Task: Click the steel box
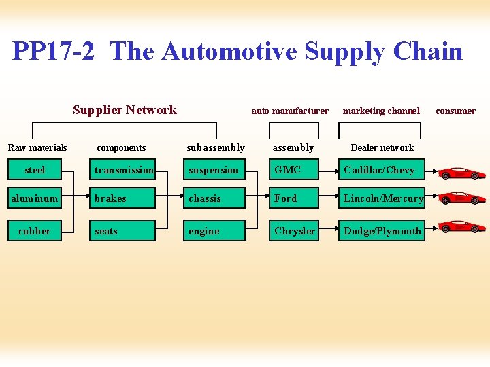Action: click(x=35, y=170)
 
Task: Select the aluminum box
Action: click(x=35, y=198)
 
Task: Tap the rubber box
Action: click(x=35, y=231)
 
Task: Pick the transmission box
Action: click(x=124, y=170)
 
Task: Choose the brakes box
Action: click(x=124, y=198)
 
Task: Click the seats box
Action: click(x=124, y=231)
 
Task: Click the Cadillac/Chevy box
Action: click(x=382, y=170)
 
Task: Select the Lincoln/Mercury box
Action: click(x=382, y=198)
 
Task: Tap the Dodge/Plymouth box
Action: click(x=382, y=231)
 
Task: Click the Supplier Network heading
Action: click(x=125, y=110)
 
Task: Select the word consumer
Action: click(x=455, y=111)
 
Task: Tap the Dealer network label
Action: click(x=382, y=147)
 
